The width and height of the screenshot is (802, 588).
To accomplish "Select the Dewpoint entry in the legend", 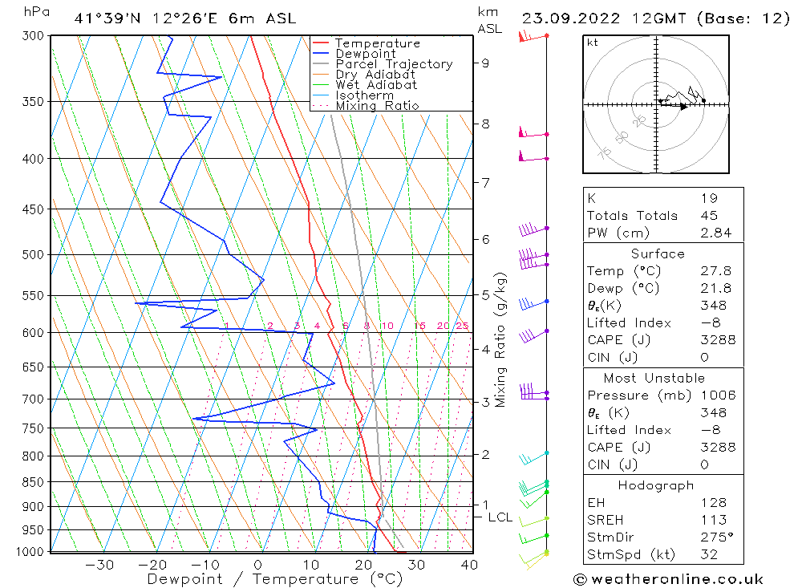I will [365, 54].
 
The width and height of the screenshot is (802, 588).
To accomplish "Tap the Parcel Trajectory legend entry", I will [394, 64].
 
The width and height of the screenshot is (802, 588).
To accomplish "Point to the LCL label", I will [500, 517].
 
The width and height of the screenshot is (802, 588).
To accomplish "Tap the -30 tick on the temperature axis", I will [99, 565].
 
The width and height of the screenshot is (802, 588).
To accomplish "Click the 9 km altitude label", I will [485, 63].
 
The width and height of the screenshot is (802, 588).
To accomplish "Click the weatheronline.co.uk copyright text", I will [668, 579].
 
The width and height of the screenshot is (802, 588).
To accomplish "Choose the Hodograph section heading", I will [662, 485].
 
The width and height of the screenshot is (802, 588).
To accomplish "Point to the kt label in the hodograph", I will [592, 43].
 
